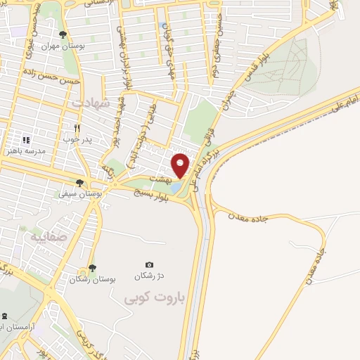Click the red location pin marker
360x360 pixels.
click(181, 165)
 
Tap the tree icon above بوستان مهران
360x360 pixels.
click(63, 34)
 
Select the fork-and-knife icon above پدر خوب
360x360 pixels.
click(78, 129)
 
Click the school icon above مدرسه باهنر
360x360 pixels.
click(26, 141)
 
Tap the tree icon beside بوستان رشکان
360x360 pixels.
click(91, 268)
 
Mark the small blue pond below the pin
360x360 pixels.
click(175, 188)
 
